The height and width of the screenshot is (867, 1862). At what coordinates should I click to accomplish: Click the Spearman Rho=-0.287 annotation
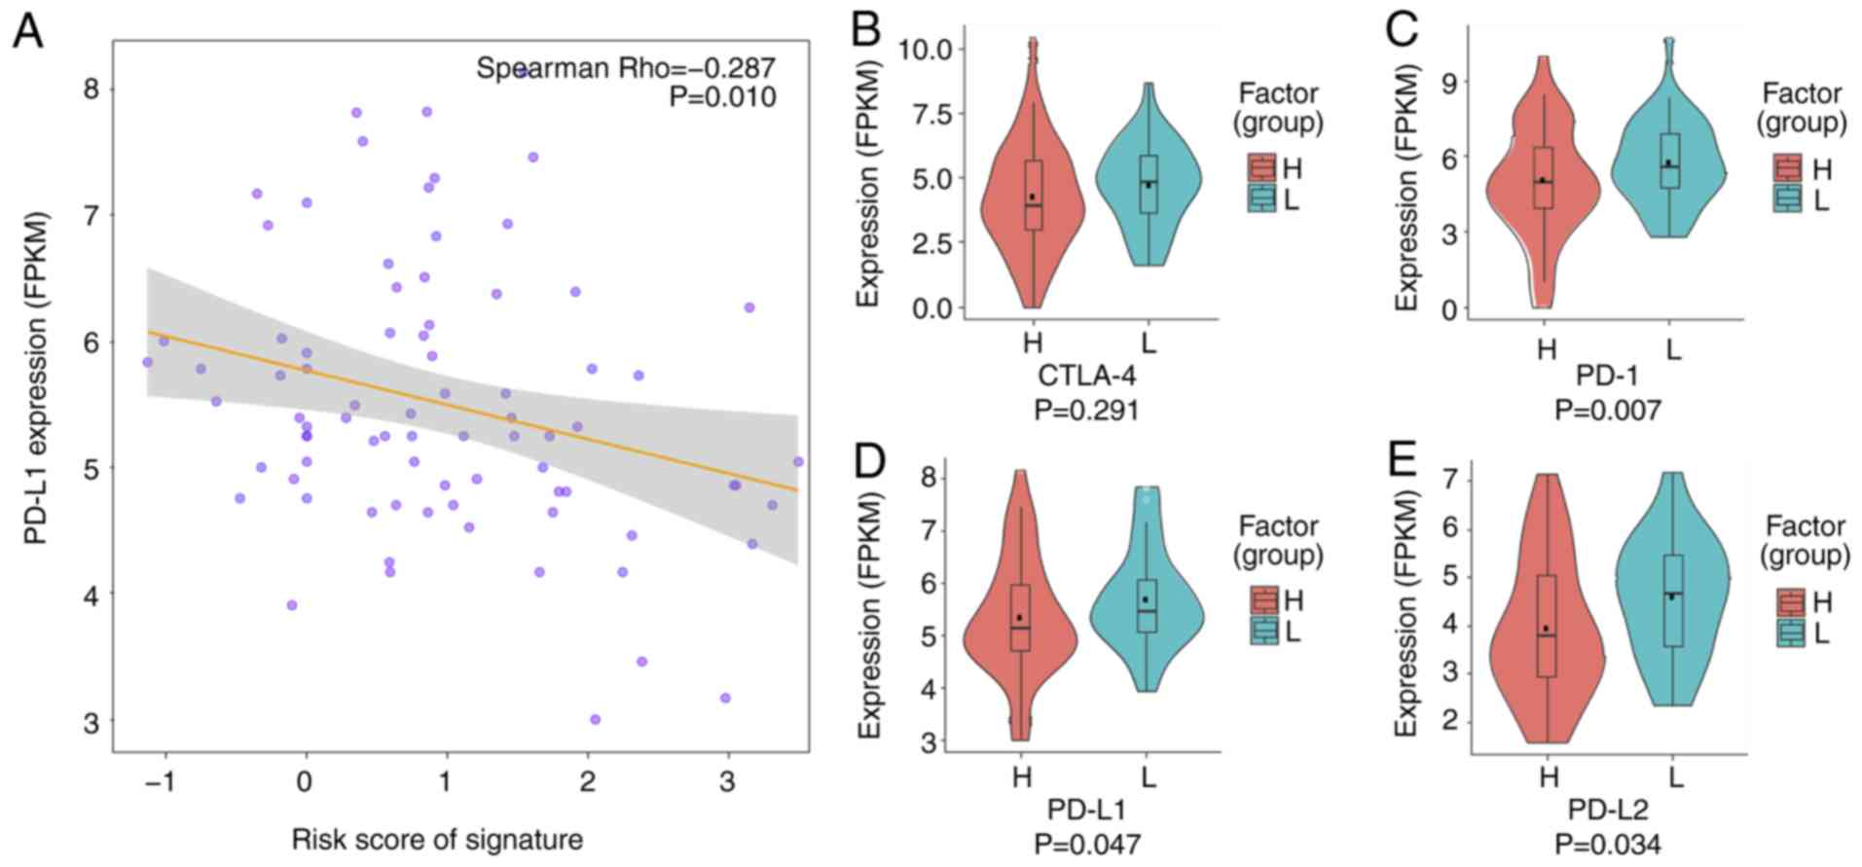click(x=625, y=68)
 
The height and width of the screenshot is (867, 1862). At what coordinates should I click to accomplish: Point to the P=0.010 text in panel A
click(x=722, y=97)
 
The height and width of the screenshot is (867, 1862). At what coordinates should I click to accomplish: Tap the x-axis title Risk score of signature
click(x=437, y=840)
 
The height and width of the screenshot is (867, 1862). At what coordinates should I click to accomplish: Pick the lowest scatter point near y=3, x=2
click(x=595, y=720)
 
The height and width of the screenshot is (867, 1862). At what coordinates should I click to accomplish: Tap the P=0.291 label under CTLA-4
click(x=1086, y=410)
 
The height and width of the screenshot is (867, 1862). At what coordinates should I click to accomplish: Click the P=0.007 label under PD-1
click(x=1608, y=410)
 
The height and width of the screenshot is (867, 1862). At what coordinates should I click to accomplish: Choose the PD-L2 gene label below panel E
click(x=1608, y=810)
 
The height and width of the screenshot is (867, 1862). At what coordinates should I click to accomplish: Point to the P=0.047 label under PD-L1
click(x=1086, y=843)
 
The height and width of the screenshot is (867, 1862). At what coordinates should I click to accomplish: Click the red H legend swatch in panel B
click(x=1262, y=168)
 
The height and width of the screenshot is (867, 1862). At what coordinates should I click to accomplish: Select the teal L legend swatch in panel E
click(x=1791, y=633)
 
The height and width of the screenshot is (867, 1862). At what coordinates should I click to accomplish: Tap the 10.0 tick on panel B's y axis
click(x=933, y=49)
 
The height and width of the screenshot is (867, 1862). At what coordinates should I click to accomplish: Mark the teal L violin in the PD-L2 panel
click(x=1672, y=603)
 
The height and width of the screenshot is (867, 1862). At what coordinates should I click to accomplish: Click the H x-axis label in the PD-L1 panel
click(x=1020, y=778)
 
